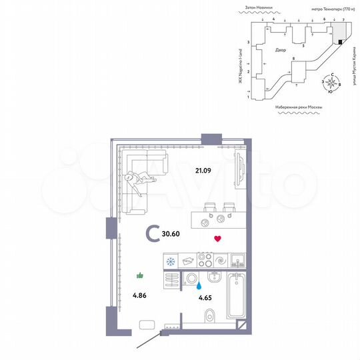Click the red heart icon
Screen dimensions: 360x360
217,238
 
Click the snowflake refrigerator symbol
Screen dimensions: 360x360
171,260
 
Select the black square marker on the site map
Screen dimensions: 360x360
340,42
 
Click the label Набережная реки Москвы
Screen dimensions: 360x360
298,107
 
